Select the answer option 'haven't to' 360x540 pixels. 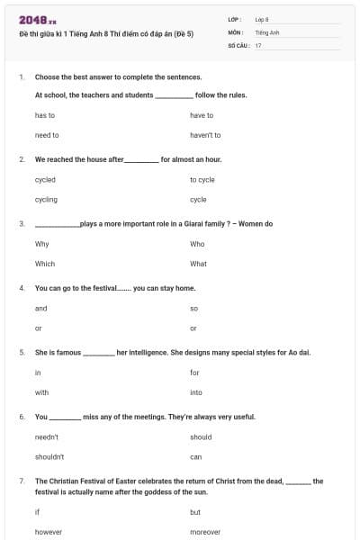[205, 135]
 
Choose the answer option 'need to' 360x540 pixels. [47, 135]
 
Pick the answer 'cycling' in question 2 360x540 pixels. [46, 199]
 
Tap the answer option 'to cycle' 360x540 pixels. [202, 179]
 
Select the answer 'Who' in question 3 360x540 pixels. [197, 244]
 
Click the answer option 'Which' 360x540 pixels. [45, 264]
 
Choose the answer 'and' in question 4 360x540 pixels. [40, 308]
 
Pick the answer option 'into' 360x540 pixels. [196, 392]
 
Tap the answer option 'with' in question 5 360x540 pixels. [41, 392]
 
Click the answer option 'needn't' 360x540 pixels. [47, 436]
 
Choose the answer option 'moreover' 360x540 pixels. [205, 532]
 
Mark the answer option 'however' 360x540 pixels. [49, 532]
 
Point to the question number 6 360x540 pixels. [21, 417]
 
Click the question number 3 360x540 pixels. [21, 223]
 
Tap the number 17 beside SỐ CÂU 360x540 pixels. [258, 44]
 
